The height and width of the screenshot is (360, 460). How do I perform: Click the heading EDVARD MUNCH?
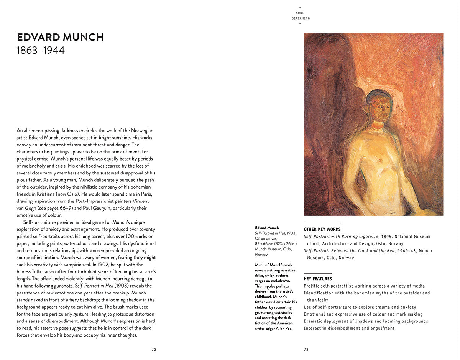click(x=60, y=37)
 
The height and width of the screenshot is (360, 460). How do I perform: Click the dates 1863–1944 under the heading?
click(x=41, y=50)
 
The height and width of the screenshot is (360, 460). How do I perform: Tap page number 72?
click(x=154, y=349)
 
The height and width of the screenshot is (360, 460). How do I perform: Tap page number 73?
click(x=306, y=349)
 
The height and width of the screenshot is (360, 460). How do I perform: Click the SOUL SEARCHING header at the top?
click(x=300, y=16)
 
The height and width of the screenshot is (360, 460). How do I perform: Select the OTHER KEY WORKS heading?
click(x=322, y=229)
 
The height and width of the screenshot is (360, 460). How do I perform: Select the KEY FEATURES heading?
click(x=318, y=279)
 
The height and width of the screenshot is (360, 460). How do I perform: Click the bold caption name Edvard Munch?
click(x=267, y=228)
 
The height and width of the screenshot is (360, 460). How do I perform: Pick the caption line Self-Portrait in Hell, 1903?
click(x=275, y=233)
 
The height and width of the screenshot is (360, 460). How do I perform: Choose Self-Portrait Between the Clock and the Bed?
click(x=356, y=251)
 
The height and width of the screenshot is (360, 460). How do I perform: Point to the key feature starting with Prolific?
click(x=364, y=286)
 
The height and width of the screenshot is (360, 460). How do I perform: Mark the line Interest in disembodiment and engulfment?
click(x=349, y=328)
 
